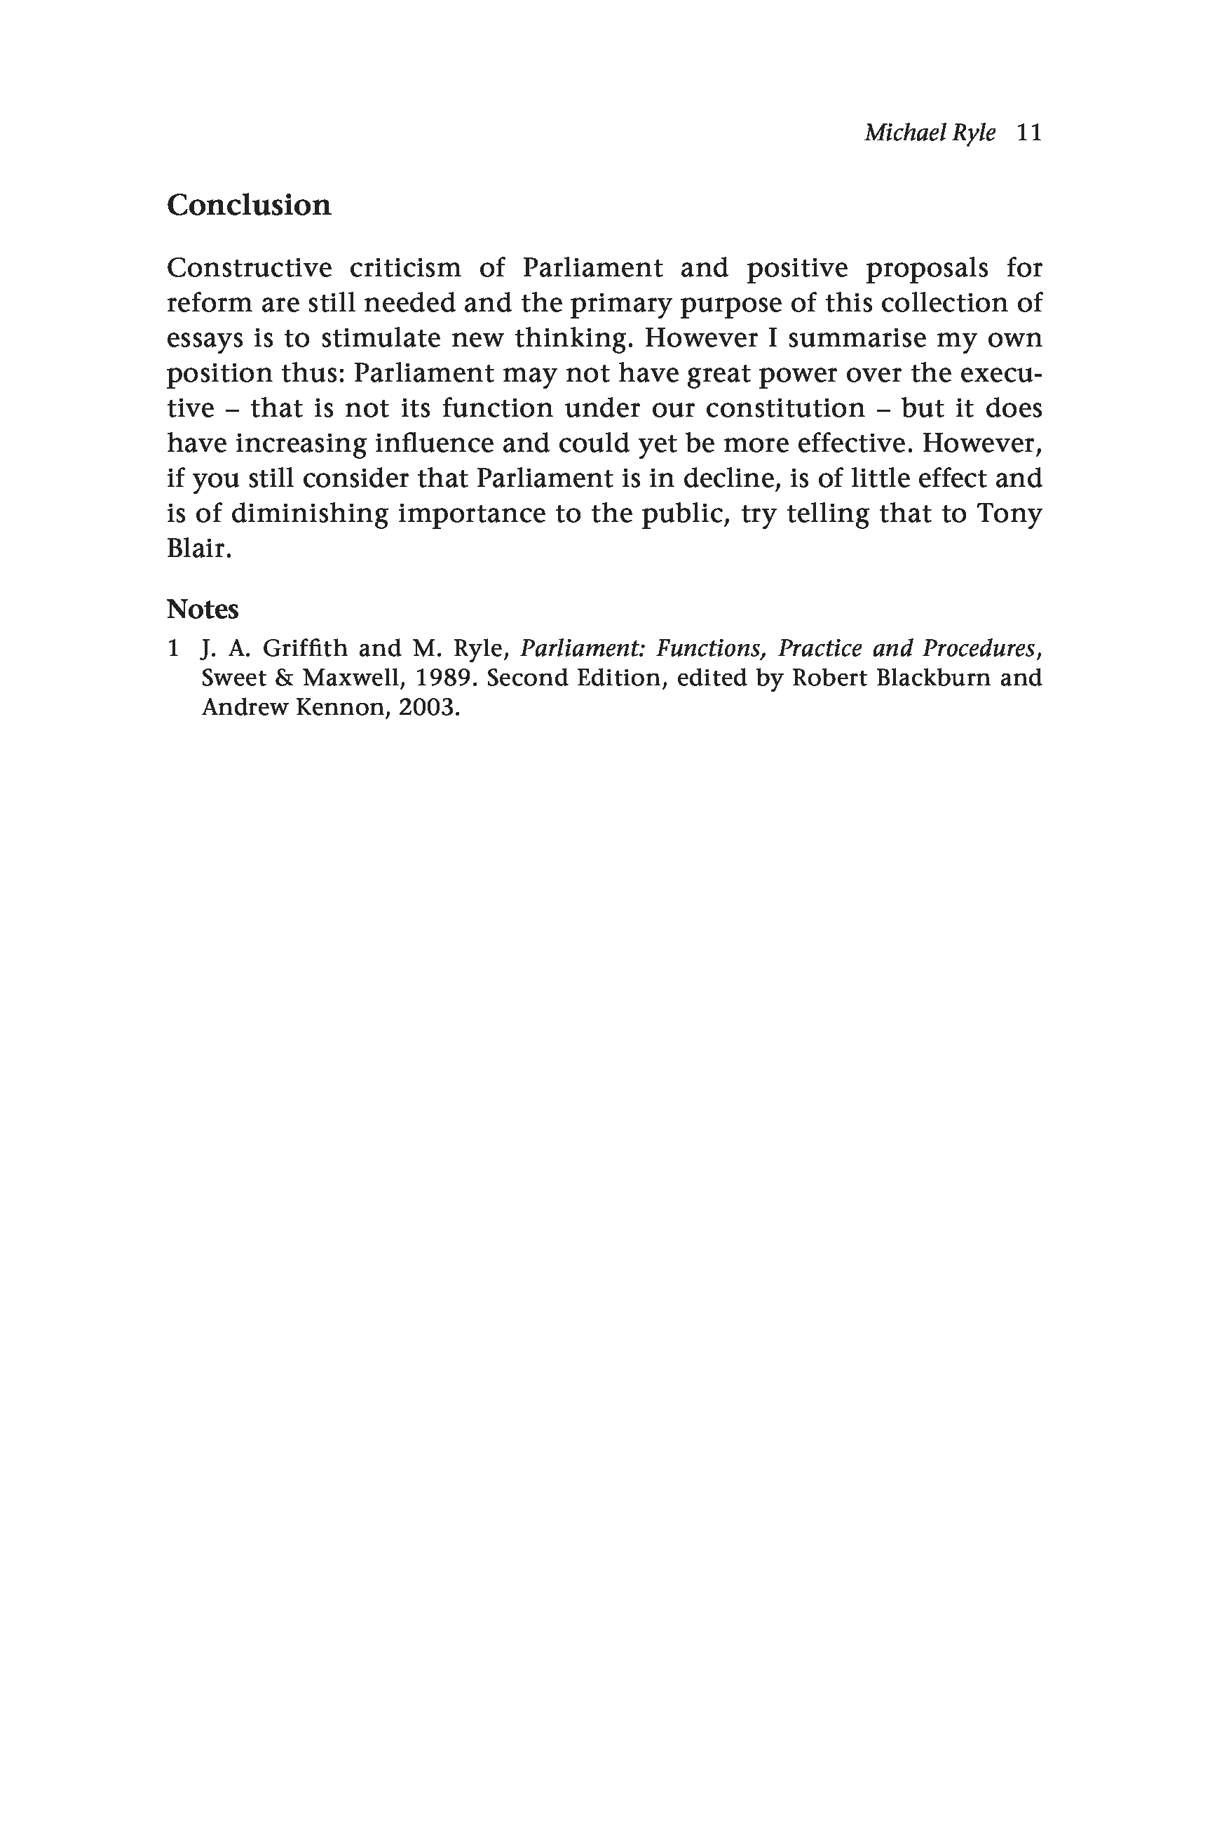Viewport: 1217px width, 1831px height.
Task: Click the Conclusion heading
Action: (248, 205)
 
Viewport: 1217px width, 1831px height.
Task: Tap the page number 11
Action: (1028, 133)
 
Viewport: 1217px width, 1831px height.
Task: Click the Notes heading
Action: (203, 610)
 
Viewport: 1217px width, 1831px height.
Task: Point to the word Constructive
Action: (249, 268)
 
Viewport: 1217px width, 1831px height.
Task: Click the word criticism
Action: (404, 268)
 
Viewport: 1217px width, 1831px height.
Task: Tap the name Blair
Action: (198, 549)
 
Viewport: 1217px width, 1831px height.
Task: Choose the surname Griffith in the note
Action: (305, 648)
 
